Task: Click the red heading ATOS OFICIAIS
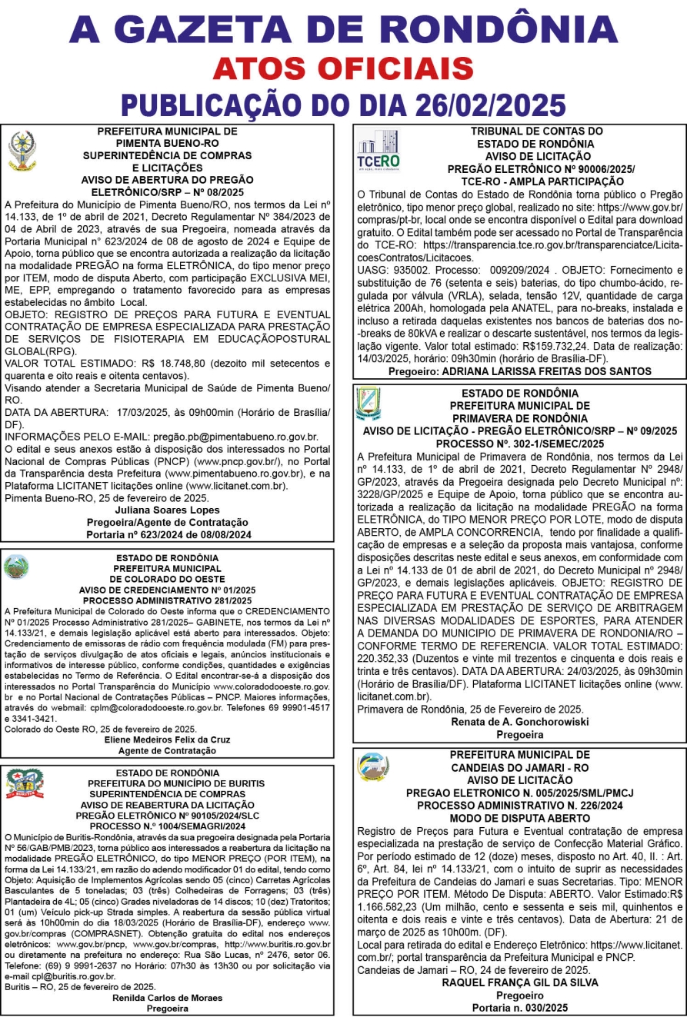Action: pyautogui.click(x=343, y=69)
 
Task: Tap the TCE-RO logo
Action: pyautogui.click(x=377, y=151)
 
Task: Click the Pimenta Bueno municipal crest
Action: pyautogui.click(x=21, y=149)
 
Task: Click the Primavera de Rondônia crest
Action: pyautogui.click(x=368, y=405)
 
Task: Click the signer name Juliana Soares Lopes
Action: pyautogui.click(x=168, y=510)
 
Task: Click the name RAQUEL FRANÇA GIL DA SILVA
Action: pyautogui.click(x=519, y=982)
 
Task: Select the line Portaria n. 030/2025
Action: pyautogui.click(x=519, y=1006)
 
